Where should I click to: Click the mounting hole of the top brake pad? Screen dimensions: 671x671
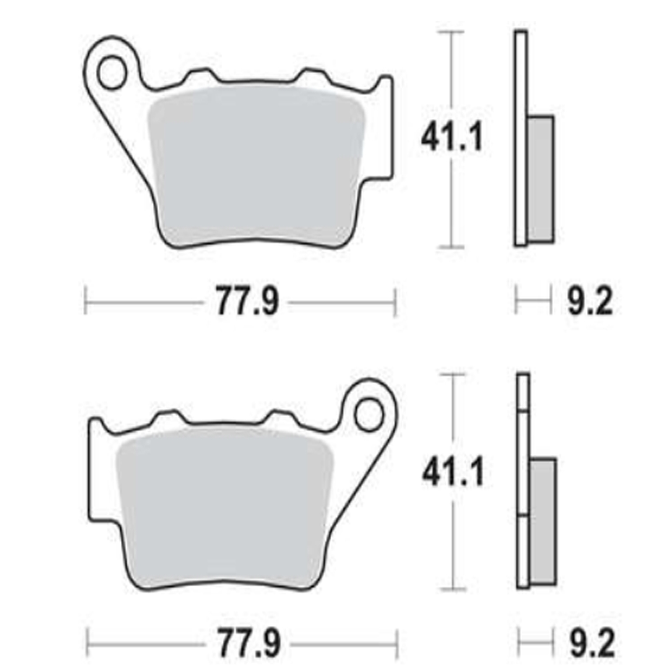[112, 73]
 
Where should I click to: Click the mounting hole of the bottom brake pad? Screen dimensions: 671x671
[369, 416]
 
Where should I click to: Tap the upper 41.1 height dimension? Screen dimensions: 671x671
[452, 138]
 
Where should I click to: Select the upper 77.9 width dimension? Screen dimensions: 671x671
[247, 302]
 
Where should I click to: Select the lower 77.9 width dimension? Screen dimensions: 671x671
[249, 644]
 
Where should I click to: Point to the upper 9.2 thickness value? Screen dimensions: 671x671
[590, 302]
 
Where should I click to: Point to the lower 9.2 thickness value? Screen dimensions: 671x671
[592, 644]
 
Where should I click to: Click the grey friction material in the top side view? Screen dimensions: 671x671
[541, 179]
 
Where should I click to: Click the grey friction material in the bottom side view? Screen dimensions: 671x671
[544, 521]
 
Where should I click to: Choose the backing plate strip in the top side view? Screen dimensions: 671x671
[520, 138]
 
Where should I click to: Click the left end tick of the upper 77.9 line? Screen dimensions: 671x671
[85, 302]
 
